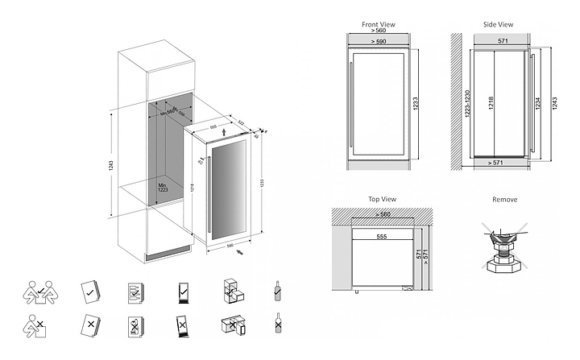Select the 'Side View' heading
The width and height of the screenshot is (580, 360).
click(x=499, y=25)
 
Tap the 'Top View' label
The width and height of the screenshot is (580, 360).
click(x=381, y=199)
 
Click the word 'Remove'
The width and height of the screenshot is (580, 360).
click(x=504, y=199)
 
